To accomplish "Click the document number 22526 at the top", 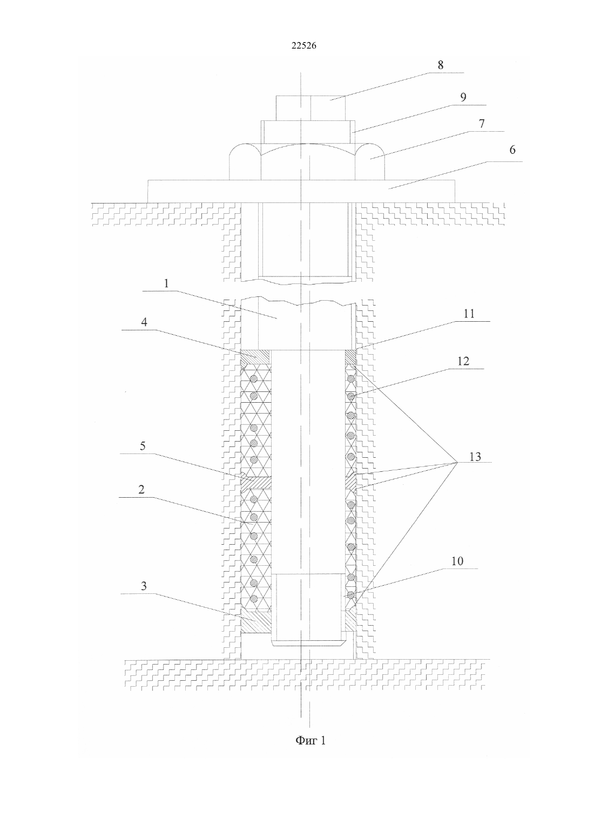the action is tap(304, 46).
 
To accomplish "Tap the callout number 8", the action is tap(440, 65).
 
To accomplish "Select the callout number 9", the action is tap(463, 97).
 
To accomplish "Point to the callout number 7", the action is tap(482, 124).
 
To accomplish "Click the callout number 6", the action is tap(512, 150).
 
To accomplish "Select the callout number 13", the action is tap(475, 457).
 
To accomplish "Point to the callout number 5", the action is tap(142, 446).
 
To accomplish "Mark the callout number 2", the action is tap(141, 490).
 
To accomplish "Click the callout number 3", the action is tap(144, 586).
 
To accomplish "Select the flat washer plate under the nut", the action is tap(301, 191).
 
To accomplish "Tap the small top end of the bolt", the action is tap(311, 108).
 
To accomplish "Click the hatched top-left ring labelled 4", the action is tap(255, 360).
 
